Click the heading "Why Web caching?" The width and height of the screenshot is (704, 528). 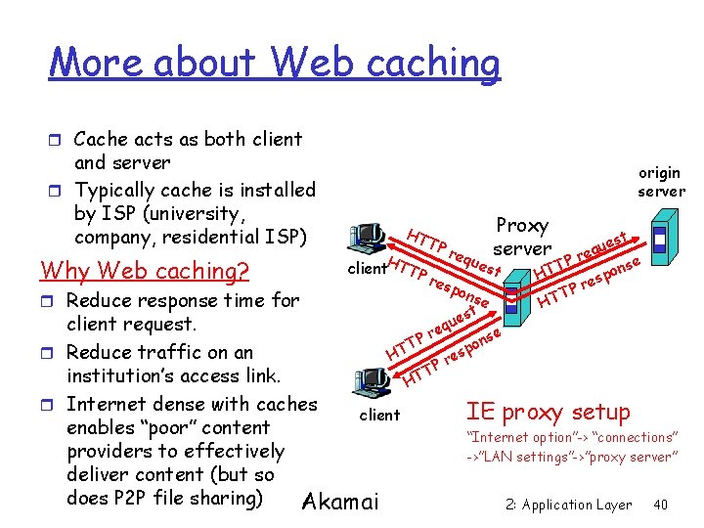[x=144, y=270]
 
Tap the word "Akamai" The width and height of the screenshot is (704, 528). [x=340, y=503]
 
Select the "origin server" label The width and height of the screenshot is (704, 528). [x=661, y=182]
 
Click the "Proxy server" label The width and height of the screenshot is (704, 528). [x=523, y=237]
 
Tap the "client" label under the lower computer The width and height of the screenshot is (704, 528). [x=379, y=416]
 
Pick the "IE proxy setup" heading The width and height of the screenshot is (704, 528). [x=548, y=412]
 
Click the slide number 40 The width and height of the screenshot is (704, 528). [x=660, y=506]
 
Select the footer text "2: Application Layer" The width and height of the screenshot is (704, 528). [x=568, y=506]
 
